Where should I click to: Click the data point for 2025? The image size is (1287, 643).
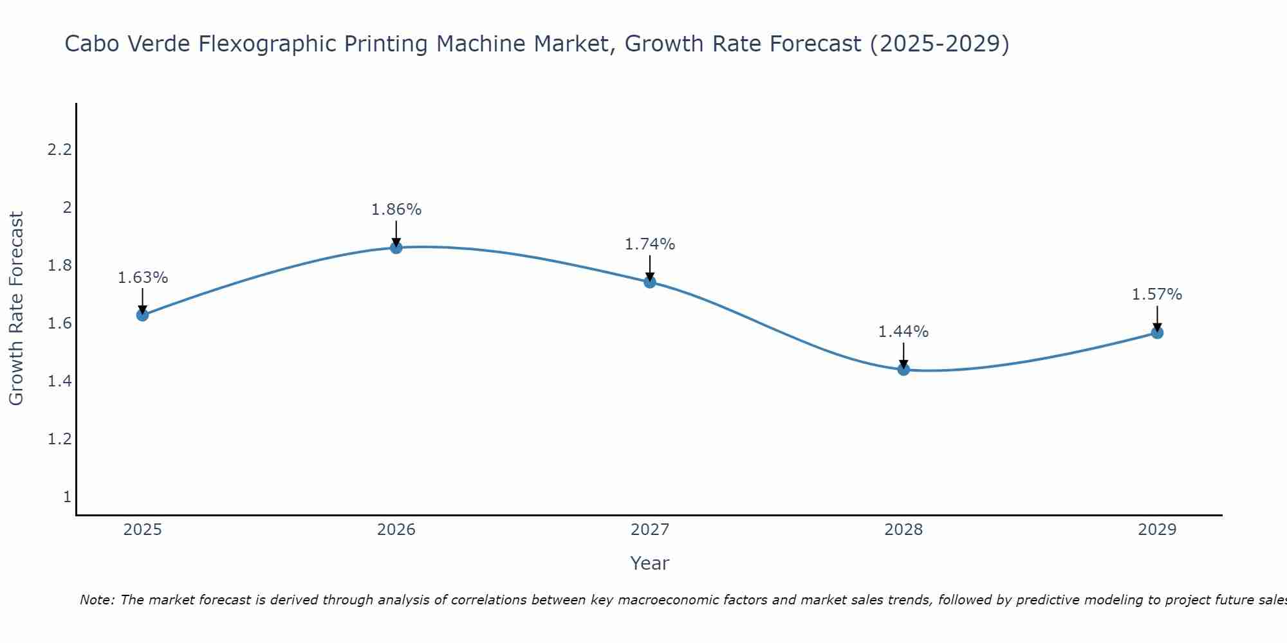click(142, 314)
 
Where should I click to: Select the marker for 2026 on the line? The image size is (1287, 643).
click(396, 248)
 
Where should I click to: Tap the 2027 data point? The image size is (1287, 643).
click(650, 282)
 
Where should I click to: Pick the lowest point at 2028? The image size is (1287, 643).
click(903, 369)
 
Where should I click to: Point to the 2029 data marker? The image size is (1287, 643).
click(1157, 332)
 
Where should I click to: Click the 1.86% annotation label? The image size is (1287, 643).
click(396, 210)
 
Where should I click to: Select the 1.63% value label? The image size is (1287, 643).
click(143, 278)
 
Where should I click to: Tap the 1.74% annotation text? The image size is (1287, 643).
click(650, 244)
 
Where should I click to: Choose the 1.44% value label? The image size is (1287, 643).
click(903, 332)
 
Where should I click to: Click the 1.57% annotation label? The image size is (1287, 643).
click(1157, 294)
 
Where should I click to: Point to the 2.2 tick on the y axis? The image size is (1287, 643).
click(59, 150)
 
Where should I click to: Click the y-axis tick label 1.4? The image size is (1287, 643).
click(59, 381)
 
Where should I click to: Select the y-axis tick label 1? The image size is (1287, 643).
click(67, 497)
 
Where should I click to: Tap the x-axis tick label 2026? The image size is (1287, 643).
click(396, 530)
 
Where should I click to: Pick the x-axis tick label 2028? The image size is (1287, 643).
click(903, 530)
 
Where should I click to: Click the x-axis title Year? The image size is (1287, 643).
click(650, 563)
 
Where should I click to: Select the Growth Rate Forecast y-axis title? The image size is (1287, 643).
click(16, 309)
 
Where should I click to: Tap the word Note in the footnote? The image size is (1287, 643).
click(97, 600)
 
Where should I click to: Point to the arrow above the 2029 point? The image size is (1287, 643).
click(1157, 318)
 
